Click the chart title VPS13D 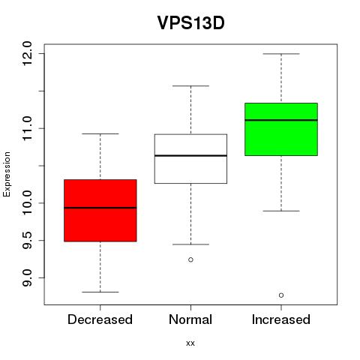point(190,23)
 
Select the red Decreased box point(100,211)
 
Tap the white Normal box point(190,159)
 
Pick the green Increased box point(281,129)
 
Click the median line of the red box point(100,208)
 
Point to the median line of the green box point(281,120)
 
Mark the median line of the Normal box point(190,155)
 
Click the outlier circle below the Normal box point(190,259)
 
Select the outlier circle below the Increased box point(281,295)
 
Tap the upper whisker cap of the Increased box point(281,54)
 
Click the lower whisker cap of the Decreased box point(100,292)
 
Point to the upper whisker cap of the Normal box point(190,85)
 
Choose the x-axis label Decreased point(100,319)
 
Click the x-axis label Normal point(190,319)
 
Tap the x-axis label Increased point(281,319)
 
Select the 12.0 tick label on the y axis point(27,53)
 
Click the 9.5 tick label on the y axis point(27,240)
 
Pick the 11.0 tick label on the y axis point(27,128)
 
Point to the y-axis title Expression point(7,174)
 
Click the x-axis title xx point(190,343)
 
